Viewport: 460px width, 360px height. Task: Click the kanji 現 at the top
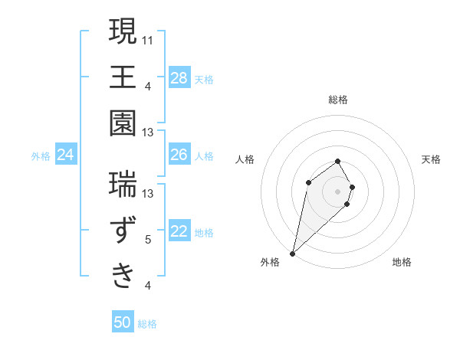pyautogui.click(x=123, y=32)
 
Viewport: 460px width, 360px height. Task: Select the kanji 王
pyautogui.click(x=123, y=77)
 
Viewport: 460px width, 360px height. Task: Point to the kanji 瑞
pyautogui.click(x=123, y=184)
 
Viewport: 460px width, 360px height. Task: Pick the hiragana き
pyautogui.click(x=123, y=273)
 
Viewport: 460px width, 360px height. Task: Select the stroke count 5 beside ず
pyautogui.click(x=148, y=241)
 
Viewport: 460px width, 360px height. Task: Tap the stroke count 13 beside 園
pyautogui.click(x=148, y=133)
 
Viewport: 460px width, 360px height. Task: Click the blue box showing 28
pyautogui.click(x=179, y=77)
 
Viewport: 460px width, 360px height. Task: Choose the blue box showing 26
pyautogui.click(x=179, y=155)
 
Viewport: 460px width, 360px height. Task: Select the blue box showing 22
pyautogui.click(x=179, y=232)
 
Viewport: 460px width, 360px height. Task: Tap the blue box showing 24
pyautogui.click(x=65, y=155)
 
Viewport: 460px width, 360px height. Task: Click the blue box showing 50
pyautogui.click(x=122, y=323)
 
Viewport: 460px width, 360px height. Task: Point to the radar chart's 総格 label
pyautogui.click(x=337, y=100)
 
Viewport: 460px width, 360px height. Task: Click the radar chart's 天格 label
pyautogui.click(x=432, y=159)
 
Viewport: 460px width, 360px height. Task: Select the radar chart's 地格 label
pyautogui.click(x=402, y=262)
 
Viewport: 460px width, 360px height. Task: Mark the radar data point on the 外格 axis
pyautogui.click(x=292, y=253)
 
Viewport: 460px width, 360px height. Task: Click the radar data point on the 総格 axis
pyautogui.click(x=337, y=161)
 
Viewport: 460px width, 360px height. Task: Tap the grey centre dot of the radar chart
pyautogui.click(x=337, y=191)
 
